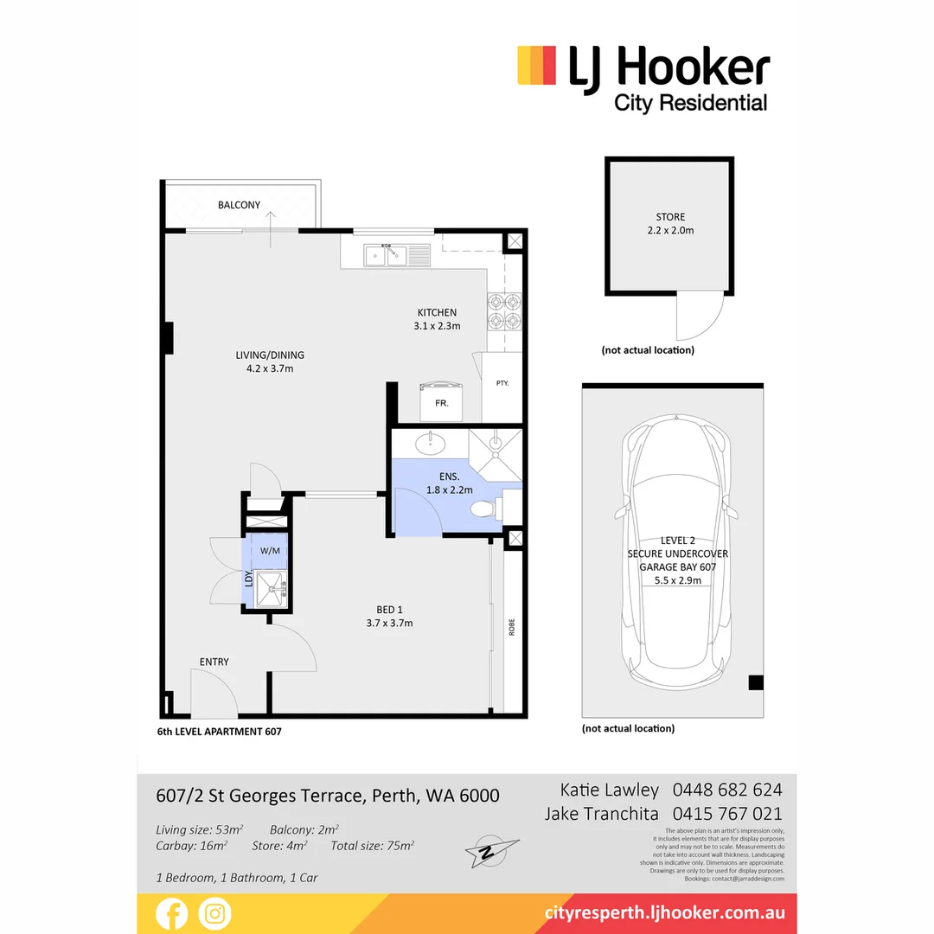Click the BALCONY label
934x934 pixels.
[x=239, y=205]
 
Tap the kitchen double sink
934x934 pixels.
[x=386, y=255]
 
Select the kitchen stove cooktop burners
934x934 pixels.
[x=506, y=312]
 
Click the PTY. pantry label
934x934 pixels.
[x=502, y=382]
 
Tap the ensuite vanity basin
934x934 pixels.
[x=430, y=445]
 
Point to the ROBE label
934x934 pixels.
[x=511, y=627]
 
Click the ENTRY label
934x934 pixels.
[x=214, y=662]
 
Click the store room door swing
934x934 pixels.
[x=699, y=315]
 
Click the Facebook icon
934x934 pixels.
[x=171, y=913]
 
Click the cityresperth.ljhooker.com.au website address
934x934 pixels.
[x=665, y=913]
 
